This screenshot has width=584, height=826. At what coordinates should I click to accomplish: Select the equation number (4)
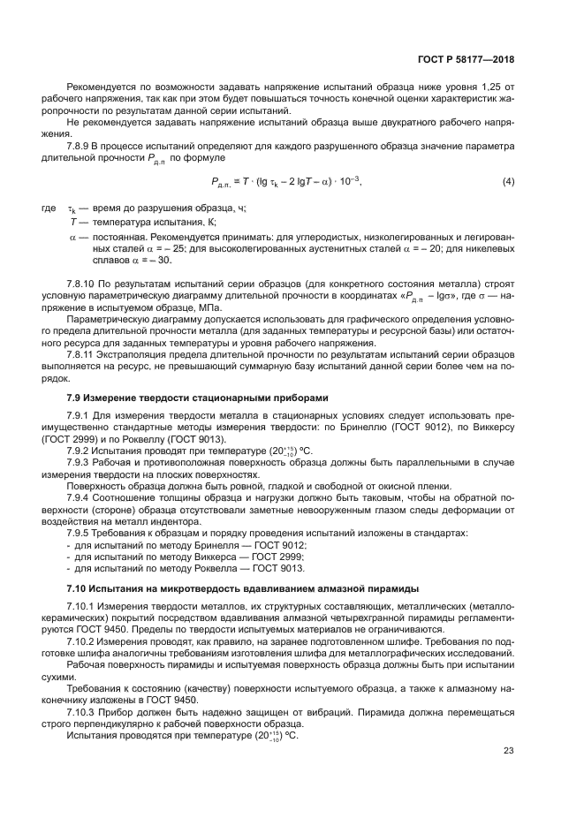click(508, 182)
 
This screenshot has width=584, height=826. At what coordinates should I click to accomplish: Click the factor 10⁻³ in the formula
click(350, 181)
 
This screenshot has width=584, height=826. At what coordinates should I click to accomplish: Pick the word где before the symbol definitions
click(49, 208)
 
